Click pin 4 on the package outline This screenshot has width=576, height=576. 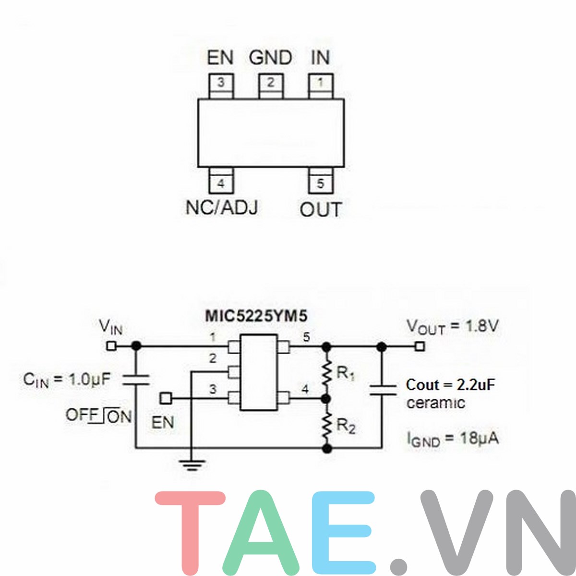pyautogui.click(x=221, y=182)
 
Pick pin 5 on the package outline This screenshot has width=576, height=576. pyautogui.click(x=321, y=182)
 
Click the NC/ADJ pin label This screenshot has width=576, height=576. pyautogui.click(x=222, y=207)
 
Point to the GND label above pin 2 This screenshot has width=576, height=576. pyautogui.click(x=270, y=58)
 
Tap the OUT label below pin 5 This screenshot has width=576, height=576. pyautogui.click(x=321, y=210)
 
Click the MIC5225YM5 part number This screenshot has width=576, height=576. pyautogui.click(x=256, y=316)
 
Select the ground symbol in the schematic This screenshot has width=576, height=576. pyautogui.click(x=192, y=464)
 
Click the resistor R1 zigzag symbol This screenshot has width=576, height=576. pyautogui.click(x=327, y=372)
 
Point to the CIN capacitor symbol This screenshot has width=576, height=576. pyautogui.click(x=136, y=380)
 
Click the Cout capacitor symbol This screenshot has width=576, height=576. pyautogui.click(x=382, y=389)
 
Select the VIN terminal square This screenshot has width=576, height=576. pyautogui.click(x=111, y=346)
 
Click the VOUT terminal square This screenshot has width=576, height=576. pyautogui.click(x=420, y=346)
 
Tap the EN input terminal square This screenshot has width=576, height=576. pyautogui.click(x=166, y=398)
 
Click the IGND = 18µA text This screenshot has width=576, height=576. pyautogui.click(x=453, y=439)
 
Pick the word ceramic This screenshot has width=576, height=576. pyautogui.click(x=435, y=403)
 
